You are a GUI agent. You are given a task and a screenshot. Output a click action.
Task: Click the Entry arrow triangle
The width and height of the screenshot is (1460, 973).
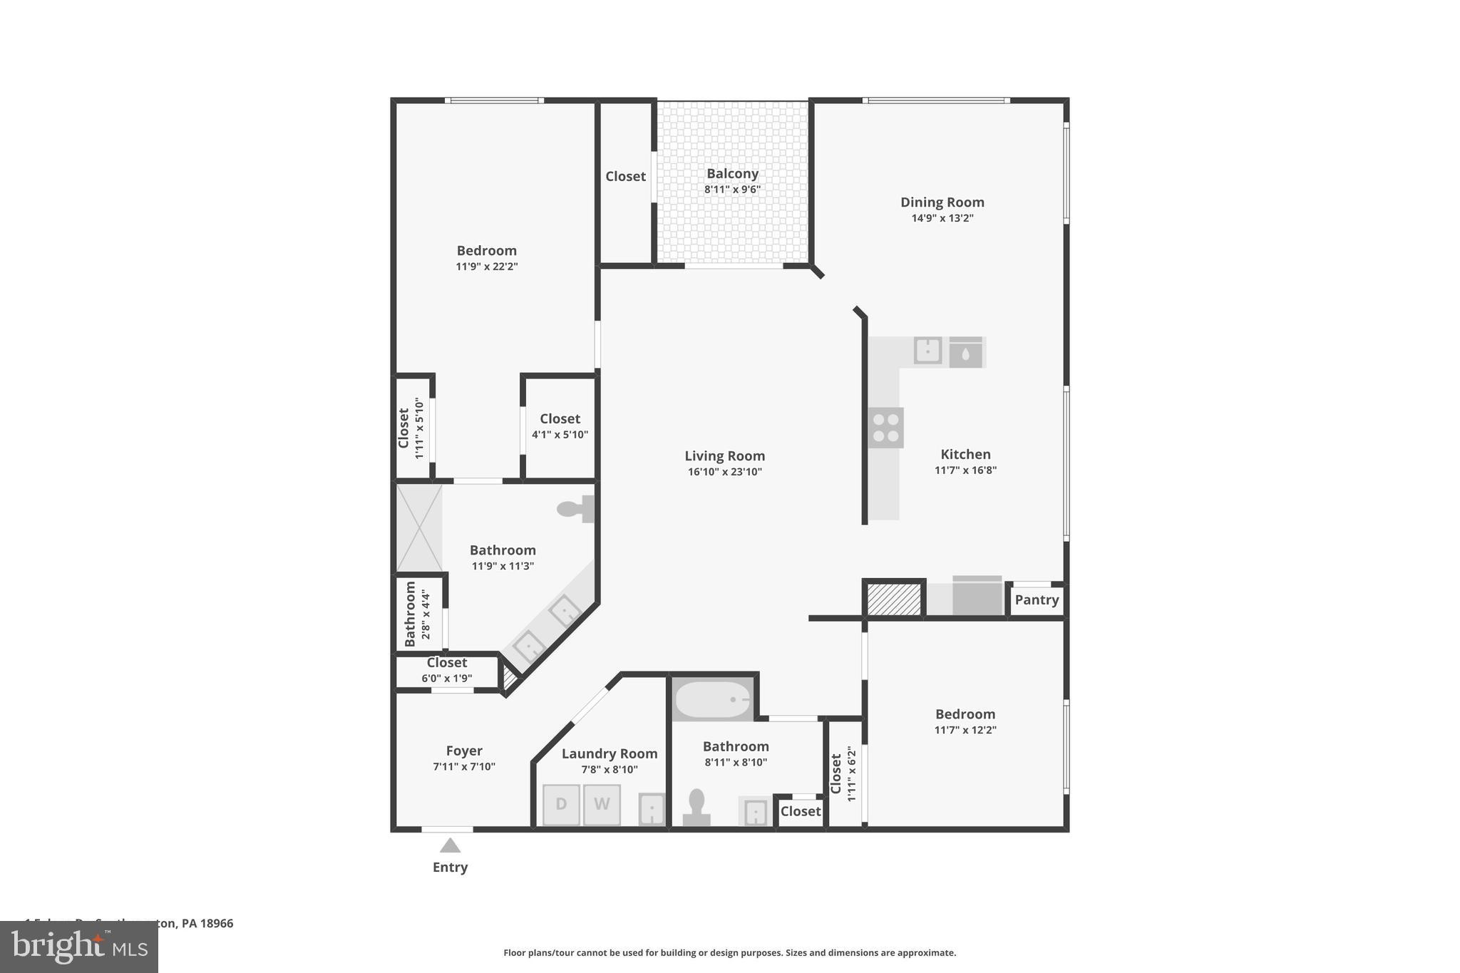pos(450,845)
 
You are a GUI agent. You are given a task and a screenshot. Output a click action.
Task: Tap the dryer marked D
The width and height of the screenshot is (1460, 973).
pos(561,805)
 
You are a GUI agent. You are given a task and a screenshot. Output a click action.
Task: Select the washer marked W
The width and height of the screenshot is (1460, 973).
pos(602,805)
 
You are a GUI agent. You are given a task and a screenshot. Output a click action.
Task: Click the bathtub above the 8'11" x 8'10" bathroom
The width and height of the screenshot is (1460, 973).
pos(712,699)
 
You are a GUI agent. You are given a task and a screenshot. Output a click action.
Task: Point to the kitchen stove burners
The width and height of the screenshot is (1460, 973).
pos(886,428)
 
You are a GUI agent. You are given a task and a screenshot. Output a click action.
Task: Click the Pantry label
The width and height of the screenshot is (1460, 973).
pos(1037,599)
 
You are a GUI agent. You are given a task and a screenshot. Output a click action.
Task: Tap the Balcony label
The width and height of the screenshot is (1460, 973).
pos(732,173)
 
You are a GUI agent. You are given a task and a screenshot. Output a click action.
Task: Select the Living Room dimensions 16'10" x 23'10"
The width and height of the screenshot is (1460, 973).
pos(725,472)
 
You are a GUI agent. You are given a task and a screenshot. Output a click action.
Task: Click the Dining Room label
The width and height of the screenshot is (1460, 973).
pos(942,202)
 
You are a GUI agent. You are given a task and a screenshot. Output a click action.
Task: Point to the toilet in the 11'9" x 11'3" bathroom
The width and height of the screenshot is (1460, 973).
pos(576,509)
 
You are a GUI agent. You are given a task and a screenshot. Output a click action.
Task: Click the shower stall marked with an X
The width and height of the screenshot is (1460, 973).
pos(419,528)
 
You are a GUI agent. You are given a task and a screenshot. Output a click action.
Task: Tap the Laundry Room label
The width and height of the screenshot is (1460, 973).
pos(610,753)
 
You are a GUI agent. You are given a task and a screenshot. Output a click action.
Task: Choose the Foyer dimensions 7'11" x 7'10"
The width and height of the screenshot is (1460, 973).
pos(464,767)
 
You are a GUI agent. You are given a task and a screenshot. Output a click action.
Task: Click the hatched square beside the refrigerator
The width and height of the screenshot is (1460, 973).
pos(895,599)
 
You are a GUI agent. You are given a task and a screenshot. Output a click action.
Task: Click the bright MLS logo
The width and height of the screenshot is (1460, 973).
pos(79,947)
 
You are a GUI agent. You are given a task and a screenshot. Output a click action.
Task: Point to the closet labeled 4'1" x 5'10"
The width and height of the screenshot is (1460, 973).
pos(560,426)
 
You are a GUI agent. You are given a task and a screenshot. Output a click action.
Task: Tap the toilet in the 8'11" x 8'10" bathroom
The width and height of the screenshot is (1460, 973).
pos(696,808)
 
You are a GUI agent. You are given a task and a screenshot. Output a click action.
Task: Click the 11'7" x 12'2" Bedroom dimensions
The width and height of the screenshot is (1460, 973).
pos(965,730)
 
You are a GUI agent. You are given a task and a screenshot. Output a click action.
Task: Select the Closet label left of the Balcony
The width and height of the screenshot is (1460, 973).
pos(625,176)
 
